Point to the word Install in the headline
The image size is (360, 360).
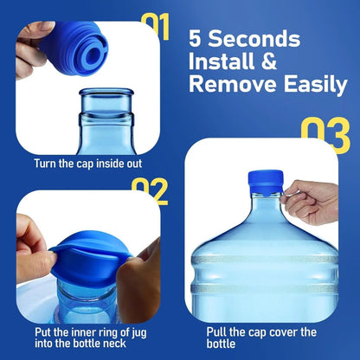pos(223,62)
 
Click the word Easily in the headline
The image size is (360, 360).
pos(306,85)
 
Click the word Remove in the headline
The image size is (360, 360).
pos(229,85)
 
